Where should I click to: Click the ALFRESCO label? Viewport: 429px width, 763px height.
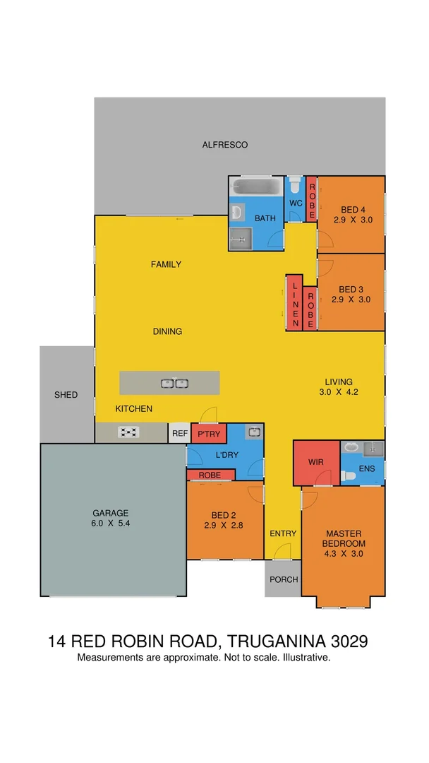(x=224, y=145)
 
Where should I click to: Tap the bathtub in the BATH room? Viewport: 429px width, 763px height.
(x=256, y=189)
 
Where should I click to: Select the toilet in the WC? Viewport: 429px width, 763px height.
(x=296, y=187)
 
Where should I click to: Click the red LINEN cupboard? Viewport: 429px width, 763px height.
(x=294, y=302)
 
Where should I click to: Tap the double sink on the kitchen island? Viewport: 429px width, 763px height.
(x=174, y=383)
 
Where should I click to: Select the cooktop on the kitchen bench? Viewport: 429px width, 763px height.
(x=128, y=432)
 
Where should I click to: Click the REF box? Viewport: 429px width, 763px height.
(x=178, y=434)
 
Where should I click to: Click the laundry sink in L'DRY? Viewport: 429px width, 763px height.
(x=254, y=432)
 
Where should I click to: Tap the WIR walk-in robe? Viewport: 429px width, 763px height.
(x=316, y=463)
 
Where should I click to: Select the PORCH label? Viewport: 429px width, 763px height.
(x=284, y=579)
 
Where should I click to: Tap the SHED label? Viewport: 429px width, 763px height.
(x=66, y=395)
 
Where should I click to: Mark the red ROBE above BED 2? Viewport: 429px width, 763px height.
(x=210, y=475)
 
